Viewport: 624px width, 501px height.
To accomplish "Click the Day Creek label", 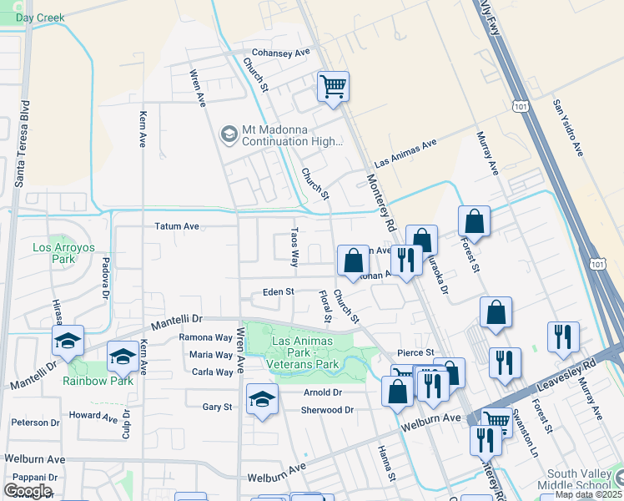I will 39,17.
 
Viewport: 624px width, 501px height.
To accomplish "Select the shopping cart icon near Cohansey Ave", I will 333,86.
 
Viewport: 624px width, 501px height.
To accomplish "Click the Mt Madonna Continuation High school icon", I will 228,134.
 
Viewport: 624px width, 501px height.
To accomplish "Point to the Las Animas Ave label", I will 405,153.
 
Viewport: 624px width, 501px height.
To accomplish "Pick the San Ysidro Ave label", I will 566,128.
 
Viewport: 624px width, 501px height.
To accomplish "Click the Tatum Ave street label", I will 177,226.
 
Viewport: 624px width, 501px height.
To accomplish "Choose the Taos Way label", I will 294,247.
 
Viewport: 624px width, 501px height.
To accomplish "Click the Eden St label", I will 279,292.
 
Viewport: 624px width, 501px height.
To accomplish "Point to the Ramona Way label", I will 205,337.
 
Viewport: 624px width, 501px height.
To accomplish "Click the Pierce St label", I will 416,353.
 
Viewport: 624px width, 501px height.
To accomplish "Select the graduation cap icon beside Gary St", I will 261,398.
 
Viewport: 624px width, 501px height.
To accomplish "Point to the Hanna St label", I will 385,463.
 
